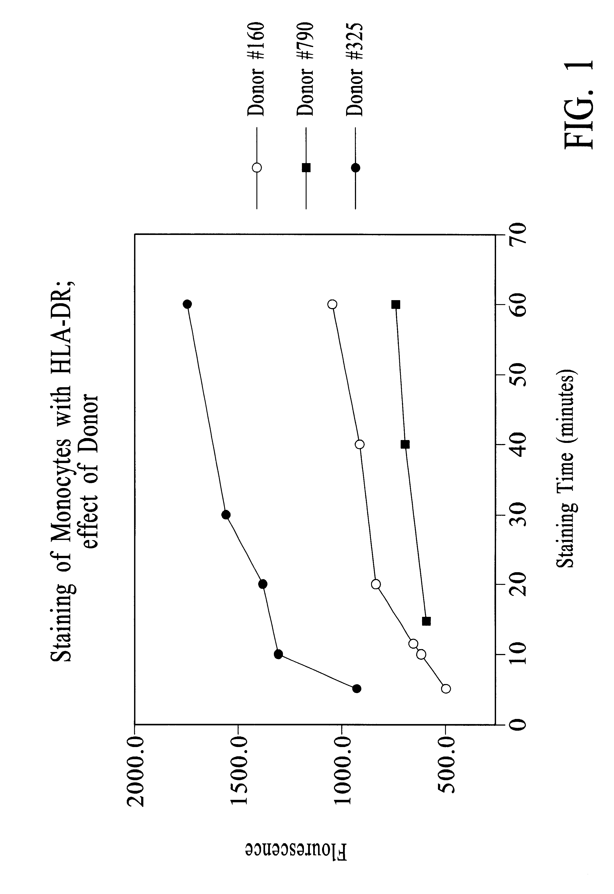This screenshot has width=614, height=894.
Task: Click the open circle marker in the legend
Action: click(257, 168)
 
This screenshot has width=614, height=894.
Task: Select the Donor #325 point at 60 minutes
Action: click(187, 304)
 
